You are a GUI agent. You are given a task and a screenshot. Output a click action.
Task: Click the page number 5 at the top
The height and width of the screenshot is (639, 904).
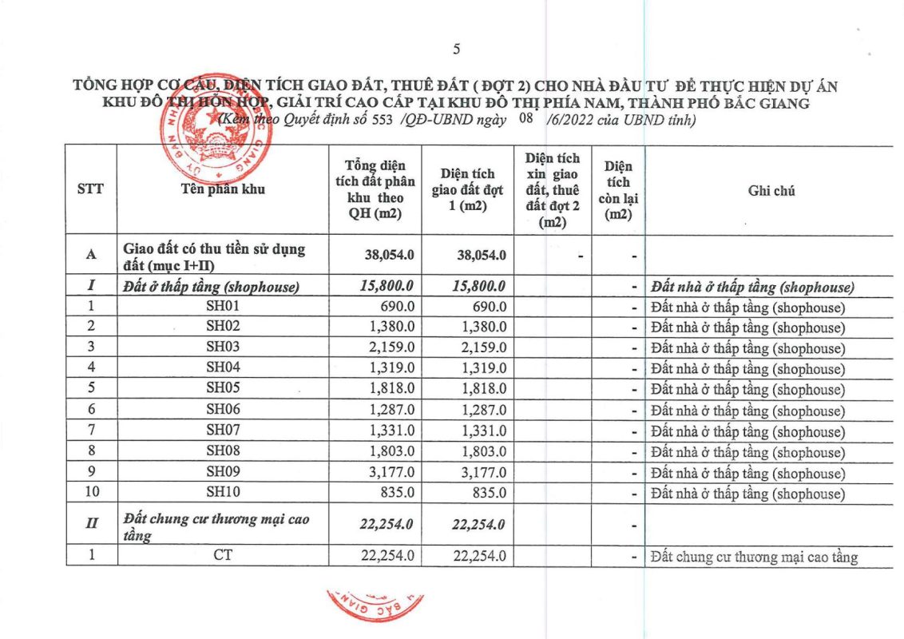pos(457,50)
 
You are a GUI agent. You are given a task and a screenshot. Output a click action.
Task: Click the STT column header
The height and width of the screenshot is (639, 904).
pos(90,190)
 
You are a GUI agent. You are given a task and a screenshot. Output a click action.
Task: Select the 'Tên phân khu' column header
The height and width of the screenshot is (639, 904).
pos(223,190)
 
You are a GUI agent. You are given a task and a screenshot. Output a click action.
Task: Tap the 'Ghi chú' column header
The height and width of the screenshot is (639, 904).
pos(771,190)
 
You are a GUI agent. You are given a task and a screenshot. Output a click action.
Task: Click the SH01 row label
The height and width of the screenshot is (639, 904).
pos(223,308)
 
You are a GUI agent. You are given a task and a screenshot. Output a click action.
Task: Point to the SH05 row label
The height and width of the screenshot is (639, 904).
pos(223,390)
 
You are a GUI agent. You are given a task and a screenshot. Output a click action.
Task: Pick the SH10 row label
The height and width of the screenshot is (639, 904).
pos(223,494)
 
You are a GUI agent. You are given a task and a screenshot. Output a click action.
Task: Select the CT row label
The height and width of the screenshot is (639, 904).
pos(223,557)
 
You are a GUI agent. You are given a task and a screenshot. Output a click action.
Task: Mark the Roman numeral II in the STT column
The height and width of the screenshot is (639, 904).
pos(91,525)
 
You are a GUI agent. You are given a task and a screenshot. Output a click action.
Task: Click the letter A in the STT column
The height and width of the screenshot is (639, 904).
pos(91,255)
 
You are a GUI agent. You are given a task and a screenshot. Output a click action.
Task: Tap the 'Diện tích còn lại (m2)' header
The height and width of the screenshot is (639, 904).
pos(618,190)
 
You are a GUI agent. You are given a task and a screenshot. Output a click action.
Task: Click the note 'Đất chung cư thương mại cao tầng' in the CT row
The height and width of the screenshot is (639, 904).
pos(755,557)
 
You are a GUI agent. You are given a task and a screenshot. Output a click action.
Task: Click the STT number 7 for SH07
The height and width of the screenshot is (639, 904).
pos(91,431)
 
